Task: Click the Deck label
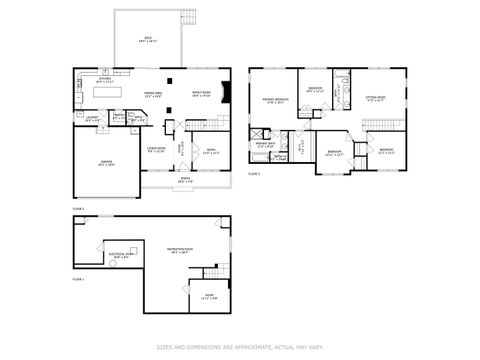147,39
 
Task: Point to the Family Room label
201,93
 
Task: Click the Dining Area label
155,94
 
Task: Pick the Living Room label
156,150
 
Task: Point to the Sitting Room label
376,98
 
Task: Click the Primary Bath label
267,145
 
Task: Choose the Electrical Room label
121,256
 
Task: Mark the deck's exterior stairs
186,15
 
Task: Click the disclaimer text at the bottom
240,347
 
